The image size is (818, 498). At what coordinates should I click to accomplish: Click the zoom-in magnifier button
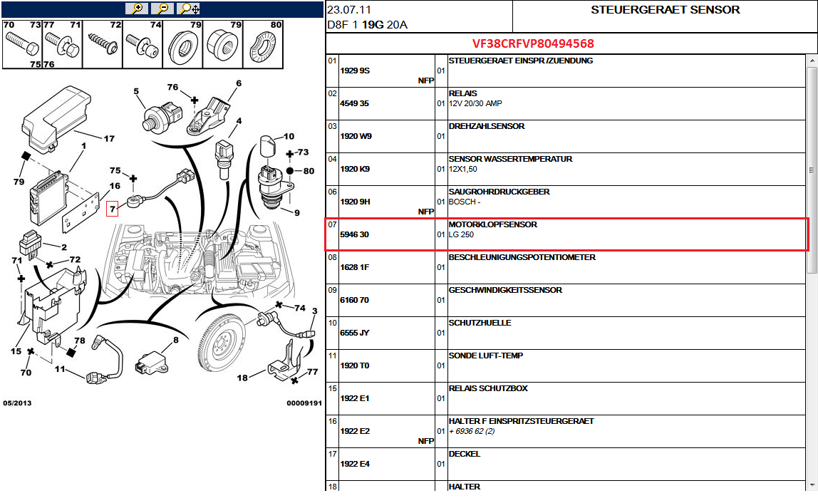tap(137, 9)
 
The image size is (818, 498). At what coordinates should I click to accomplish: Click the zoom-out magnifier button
tap(162, 9)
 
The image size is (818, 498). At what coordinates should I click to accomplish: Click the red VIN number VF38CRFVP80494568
tap(533, 43)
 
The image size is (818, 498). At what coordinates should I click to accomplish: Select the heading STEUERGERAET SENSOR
tap(665, 10)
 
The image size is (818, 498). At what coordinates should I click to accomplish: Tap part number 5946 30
tap(354, 234)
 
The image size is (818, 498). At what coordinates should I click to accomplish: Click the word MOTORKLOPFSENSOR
tap(493, 224)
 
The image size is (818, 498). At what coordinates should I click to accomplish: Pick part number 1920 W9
tap(356, 136)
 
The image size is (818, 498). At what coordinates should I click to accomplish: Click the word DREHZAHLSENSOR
tap(487, 126)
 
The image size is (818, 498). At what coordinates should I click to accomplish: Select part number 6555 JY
tap(354, 333)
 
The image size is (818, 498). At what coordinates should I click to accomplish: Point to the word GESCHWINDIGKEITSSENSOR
tap(505, 290)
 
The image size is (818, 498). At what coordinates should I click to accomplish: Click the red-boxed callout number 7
tap(112, 209)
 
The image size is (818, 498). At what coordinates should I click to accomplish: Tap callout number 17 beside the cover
tap(109, 139)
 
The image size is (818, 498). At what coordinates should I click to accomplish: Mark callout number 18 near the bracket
tap(242, 378)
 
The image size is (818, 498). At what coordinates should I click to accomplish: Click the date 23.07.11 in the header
tap(349, 10)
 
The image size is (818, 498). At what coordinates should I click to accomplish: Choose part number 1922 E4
tap(355, 464)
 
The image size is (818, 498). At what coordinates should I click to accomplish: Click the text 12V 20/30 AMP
tap(475, 104)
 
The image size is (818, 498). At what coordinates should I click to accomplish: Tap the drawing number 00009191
tap(304, 403)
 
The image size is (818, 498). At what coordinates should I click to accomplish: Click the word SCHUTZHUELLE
tap(480, 323)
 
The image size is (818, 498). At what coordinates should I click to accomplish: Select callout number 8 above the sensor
tap(176, 340)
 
